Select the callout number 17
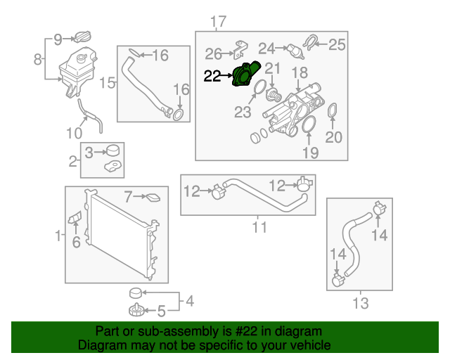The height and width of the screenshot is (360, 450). point(218,20)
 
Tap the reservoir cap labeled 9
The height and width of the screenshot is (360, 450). point(83,37)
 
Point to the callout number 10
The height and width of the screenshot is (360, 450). point(75,133)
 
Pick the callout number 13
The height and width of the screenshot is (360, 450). point(360,303)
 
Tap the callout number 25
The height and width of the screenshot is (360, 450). point(337,46)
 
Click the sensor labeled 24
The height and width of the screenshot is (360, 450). point(291,50)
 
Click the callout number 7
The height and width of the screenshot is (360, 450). point(129,196)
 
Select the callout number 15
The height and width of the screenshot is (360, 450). point(107,84)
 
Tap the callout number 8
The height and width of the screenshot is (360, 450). point(37,60)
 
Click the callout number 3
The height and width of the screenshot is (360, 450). point(89,151)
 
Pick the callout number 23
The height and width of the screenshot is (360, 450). point(242,112)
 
